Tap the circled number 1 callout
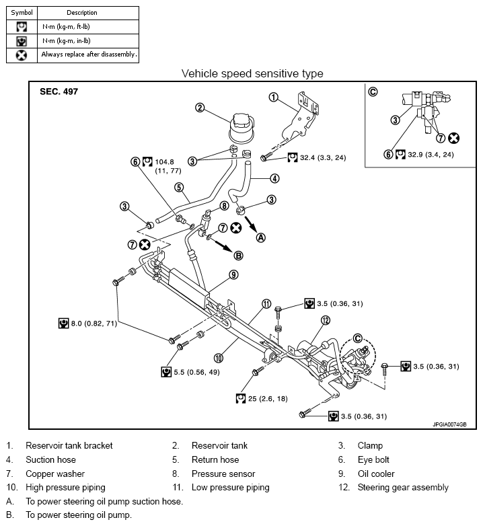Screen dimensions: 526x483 pos(273,97)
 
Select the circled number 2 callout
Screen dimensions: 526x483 pos(200,107)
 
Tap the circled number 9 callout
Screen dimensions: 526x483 pos(233,274)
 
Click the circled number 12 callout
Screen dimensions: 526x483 pos(326,320)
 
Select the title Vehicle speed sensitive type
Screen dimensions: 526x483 pos(252,74)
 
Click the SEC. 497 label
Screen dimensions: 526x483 pos(59,91)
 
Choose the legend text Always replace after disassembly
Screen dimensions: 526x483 pos(89,54)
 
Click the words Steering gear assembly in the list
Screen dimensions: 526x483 pos(403,487)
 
